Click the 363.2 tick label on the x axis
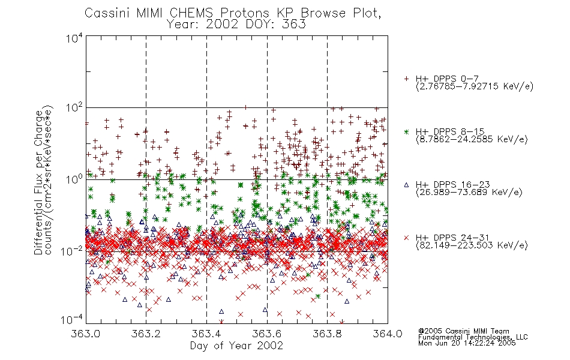coord(146,334)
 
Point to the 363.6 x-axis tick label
coord(267,334)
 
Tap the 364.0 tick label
coord(388,334)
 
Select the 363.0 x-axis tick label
coord(85,334)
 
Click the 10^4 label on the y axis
coord(74,38)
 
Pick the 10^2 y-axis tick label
coord(74,108)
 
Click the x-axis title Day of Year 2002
coord(236,346)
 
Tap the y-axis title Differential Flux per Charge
coord(38,182)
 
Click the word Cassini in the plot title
coord(107,13)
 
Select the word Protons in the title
coord(244,13)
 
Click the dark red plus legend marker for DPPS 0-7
coord(406,79)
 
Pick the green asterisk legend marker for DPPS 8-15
coord(406,131)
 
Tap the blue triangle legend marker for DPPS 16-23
coord(406,185)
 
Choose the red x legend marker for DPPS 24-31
coord(406,238)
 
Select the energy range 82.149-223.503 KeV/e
coord(472,245)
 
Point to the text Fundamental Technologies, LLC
coord(473,337)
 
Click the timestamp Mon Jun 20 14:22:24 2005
coord(467,343)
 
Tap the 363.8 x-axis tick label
coord(327,334)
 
